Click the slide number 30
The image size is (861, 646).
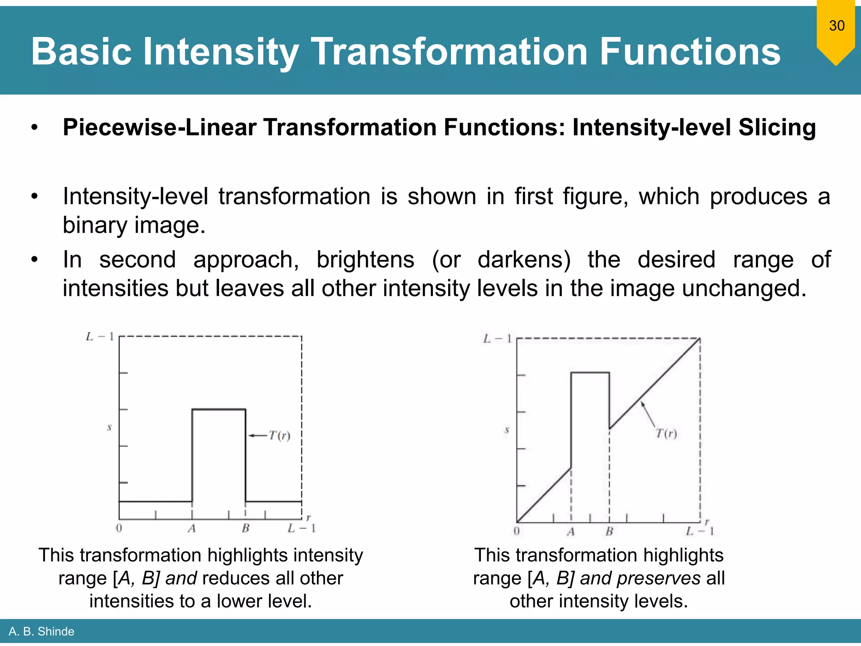pyautogui.click(x=837, y=26)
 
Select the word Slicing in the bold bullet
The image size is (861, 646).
pyautogui.click(x=777, y=127)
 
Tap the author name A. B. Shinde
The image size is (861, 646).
pyautogui.click(x=41, y=631)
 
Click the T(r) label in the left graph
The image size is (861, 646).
pyautogui.click(x=279, y=436)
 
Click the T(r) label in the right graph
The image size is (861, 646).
pyautogui.click(x=666, y=433)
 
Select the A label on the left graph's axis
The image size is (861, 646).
pyautogui.click(x=192, y=528)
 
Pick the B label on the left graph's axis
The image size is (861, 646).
pyautogui.click(x=246, y=528)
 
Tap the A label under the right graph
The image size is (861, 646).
pyautogui.click(x=570, y=532)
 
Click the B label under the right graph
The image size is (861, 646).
pyautogui.click(x=609, y=532)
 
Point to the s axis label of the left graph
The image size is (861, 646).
pyautogui.click(x=109, y=427)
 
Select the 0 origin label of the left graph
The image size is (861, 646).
pyautogui.click(x=119, y=528)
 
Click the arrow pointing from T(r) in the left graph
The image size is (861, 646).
pyautogui.click(x=257, y=436)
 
